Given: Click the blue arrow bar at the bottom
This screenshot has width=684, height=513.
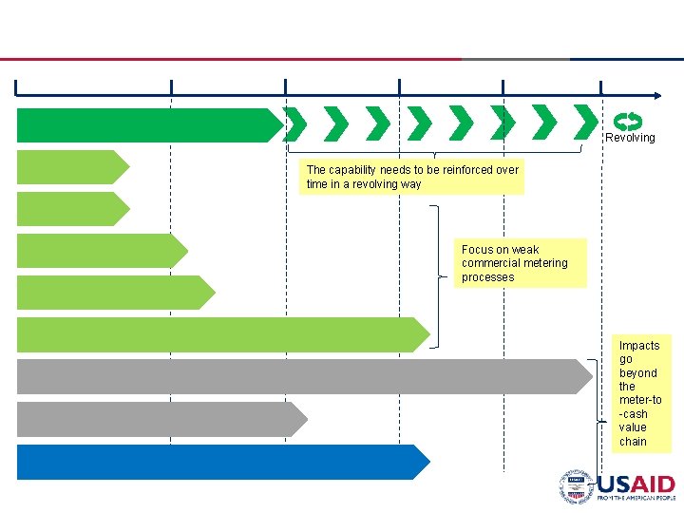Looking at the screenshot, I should click(218, 462).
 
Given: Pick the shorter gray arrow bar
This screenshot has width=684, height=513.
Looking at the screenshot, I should click(157, 419).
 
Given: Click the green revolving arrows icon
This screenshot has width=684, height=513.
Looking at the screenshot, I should click(628, 121).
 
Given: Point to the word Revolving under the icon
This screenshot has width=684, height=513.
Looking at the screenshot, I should click(631, 138).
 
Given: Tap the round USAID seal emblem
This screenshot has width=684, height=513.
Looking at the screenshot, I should click(576, 485).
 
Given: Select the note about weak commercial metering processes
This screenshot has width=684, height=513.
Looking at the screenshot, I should click(520, 263).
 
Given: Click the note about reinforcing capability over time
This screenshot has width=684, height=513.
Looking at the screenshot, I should click(412, 177).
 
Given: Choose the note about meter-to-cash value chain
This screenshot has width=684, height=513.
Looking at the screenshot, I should click(641, 393).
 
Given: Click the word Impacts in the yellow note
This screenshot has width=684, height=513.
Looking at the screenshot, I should click(639, 346).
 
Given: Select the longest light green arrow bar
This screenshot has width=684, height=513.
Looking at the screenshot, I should click(218, 334).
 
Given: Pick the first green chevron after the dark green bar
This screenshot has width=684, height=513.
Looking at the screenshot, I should click(296, 123).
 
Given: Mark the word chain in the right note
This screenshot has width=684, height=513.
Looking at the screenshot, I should click(633, 442).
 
